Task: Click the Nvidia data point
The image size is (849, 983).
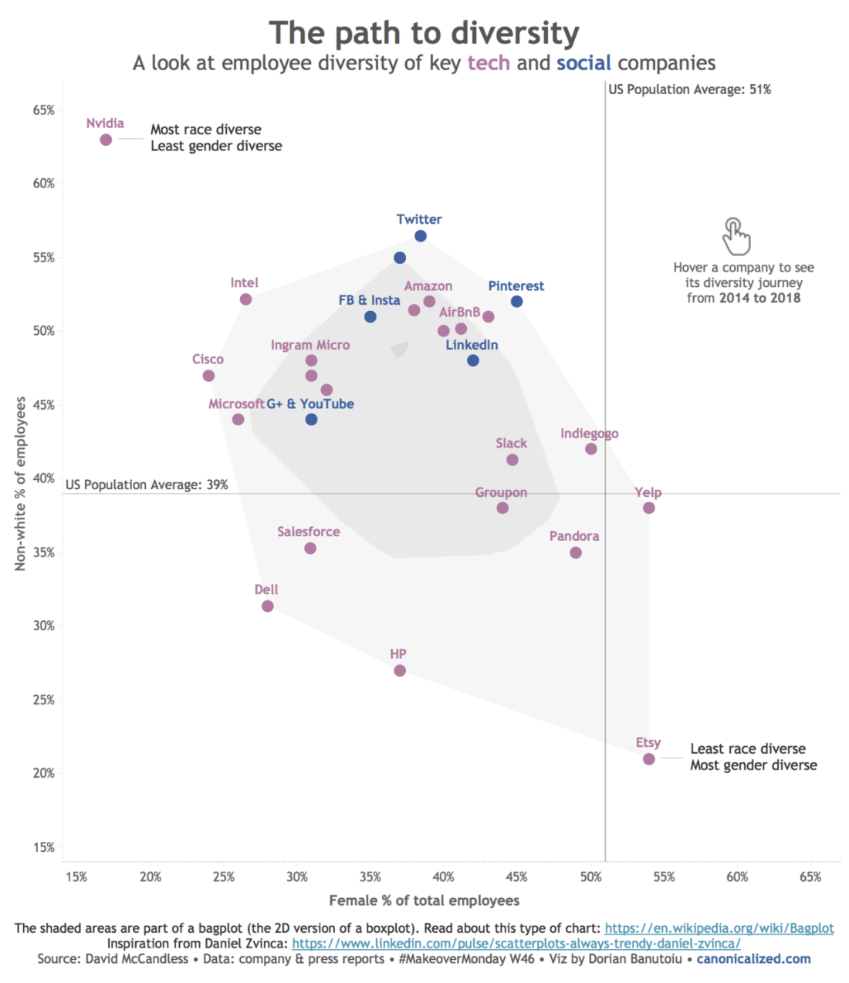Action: click(106, 140)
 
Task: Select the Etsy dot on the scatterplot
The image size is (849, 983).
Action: click(648, 759)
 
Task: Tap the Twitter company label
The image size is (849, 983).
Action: click(419, 219)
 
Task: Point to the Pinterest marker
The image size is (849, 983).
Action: click(516, 302)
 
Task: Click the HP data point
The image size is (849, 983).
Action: click(400, 671)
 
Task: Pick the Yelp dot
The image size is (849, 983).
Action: click(648, 508)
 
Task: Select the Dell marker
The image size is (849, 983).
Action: click(267, 606)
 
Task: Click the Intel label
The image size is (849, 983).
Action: click(244, 283)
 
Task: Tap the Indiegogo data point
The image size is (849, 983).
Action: click(590, 449)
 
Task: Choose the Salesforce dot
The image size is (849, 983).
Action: click(310, 549)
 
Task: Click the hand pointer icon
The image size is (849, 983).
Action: click(736, 236)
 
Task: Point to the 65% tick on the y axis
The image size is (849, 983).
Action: click(44, 110)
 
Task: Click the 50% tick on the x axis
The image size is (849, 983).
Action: click(590, 877)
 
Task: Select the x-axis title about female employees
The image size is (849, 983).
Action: click(424, 900)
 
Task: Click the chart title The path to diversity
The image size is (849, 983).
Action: click(424, 34)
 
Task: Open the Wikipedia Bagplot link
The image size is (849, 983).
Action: click(719, 928)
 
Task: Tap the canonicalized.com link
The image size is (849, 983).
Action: click(753, 959)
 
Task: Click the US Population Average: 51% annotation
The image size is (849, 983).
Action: click(689, 90)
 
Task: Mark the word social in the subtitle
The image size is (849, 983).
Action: click(583, 62)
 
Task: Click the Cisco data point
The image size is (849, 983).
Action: click(208, 376)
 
